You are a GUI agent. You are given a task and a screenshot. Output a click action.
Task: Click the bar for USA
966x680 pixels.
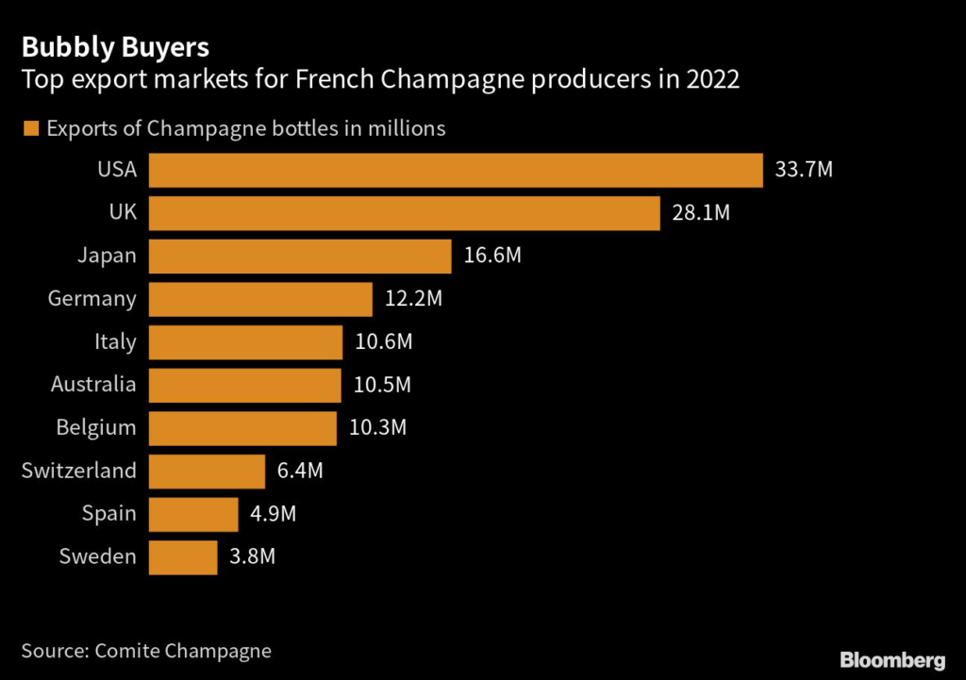pos(456,171)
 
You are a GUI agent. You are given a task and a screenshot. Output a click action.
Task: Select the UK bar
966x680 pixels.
pos(404,213)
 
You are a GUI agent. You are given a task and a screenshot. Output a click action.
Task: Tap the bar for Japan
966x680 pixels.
pos(300,256)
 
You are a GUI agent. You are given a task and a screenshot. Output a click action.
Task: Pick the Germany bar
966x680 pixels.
pos(260,299)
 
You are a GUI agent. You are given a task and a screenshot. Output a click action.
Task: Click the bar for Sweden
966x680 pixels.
pos(183,556)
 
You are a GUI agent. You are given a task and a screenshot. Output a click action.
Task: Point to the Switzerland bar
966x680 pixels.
pos(207,471)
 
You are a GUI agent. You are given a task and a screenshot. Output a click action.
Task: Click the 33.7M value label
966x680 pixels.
pos(804,171)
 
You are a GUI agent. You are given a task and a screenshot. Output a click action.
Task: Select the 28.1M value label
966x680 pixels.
pos(701,213)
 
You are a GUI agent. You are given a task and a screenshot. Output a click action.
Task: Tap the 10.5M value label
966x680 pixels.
pos(382,385)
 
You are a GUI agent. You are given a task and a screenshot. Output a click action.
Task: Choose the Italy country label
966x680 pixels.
pos(115,341)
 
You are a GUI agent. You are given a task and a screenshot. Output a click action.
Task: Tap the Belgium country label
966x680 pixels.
pos(95,428)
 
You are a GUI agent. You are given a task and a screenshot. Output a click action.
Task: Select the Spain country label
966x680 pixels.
pos(110,514)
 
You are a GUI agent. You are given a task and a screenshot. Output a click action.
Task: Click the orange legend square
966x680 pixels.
pos(32,128)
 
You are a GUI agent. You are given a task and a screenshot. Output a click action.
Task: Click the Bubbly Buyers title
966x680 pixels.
pos(115,46)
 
